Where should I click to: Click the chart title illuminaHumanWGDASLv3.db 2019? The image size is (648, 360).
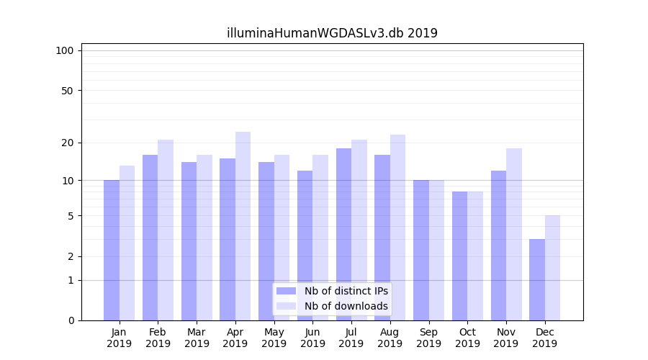coord(332,33)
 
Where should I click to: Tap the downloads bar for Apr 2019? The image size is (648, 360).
coord(243,226)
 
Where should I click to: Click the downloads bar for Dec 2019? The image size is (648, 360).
coord(552,268)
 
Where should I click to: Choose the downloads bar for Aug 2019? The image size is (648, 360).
coord(397,228)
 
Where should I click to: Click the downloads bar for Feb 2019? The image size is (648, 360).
coord(166,230)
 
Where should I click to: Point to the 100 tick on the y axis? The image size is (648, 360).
coord(65,50)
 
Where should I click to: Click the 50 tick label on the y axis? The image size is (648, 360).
coord(67,91)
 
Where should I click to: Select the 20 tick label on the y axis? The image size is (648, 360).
coord(67,143)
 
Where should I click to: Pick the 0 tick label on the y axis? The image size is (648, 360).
coord(71,320)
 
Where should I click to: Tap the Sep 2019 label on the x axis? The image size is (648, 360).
coord(428,338)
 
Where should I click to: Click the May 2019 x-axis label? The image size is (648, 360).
coord(274,338)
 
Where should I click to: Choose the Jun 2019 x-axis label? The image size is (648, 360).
coord(312,338)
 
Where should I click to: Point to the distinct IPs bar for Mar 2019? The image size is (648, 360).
coord(189,241)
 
